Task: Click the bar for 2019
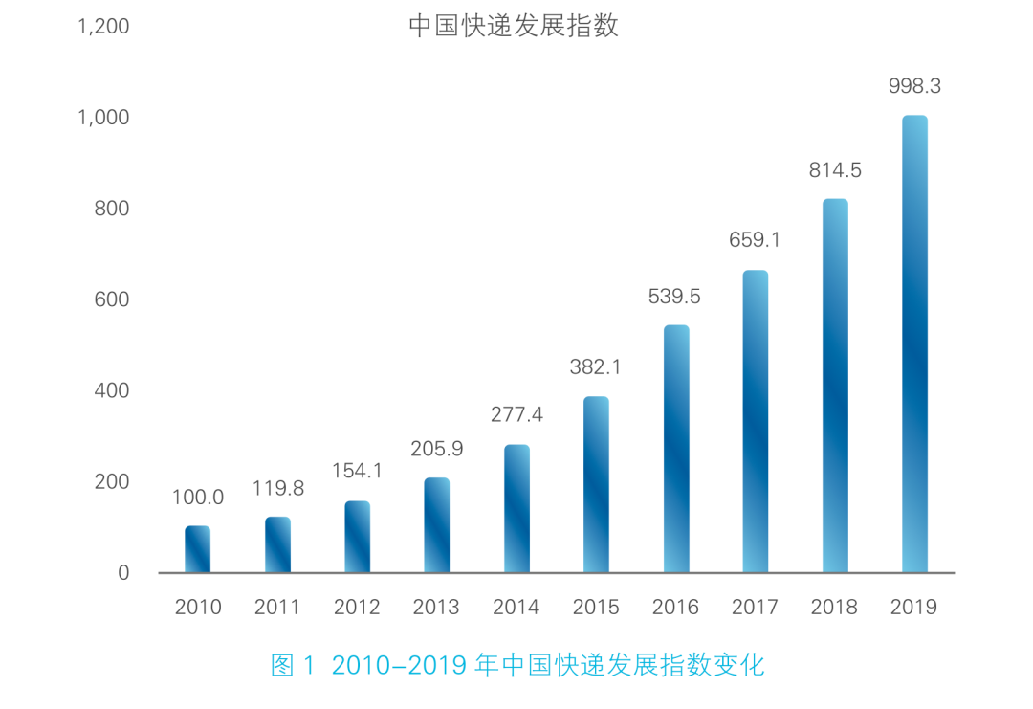pyautogui.click(x=914, y=344)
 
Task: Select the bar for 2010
pyautogui.click(x=198, y=549)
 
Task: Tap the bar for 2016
pyautogui.click(x=676, y=449)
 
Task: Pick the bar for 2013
pyautogui.click(x=437, y=525)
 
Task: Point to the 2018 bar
pyautogui.click(x=835, y=386)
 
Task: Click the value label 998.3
pyautogui.click(x=914, y=86)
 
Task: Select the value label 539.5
pyautogui.click(x=674, y=297)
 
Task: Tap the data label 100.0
pyautogui.click(x=198, y=498)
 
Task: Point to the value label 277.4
pyautogui.click(x=516, y=415)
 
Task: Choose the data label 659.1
pyautogui.click(x=755, y=241)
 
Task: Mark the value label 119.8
pyautogui.click(x=278, y=489)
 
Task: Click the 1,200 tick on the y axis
pyautogui.click(x=103, y=27)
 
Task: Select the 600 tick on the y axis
pyautogui.click(x=111, y=299)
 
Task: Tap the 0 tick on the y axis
pyautogui.click(x=122, y=573)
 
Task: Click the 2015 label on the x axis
pyautogui.click(x=596, y=608)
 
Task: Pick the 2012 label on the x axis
pyautogui.click(x=357, y=608)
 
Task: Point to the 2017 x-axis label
pyautogui.click(x=755, y=608)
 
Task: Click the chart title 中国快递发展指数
pyautogui.click(x=514, y=26)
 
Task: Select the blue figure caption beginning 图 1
pyautogui.click(x=517, y=666)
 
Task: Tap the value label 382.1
pyautogui.click(x=596, y=367)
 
